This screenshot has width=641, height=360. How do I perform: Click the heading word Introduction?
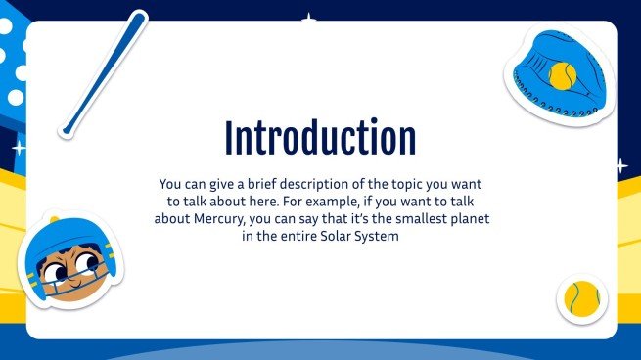(320, 138)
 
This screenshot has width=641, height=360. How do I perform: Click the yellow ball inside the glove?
(561, 76)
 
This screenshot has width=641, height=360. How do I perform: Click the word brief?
(244, 183)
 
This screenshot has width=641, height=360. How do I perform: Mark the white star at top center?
(310, 18)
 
